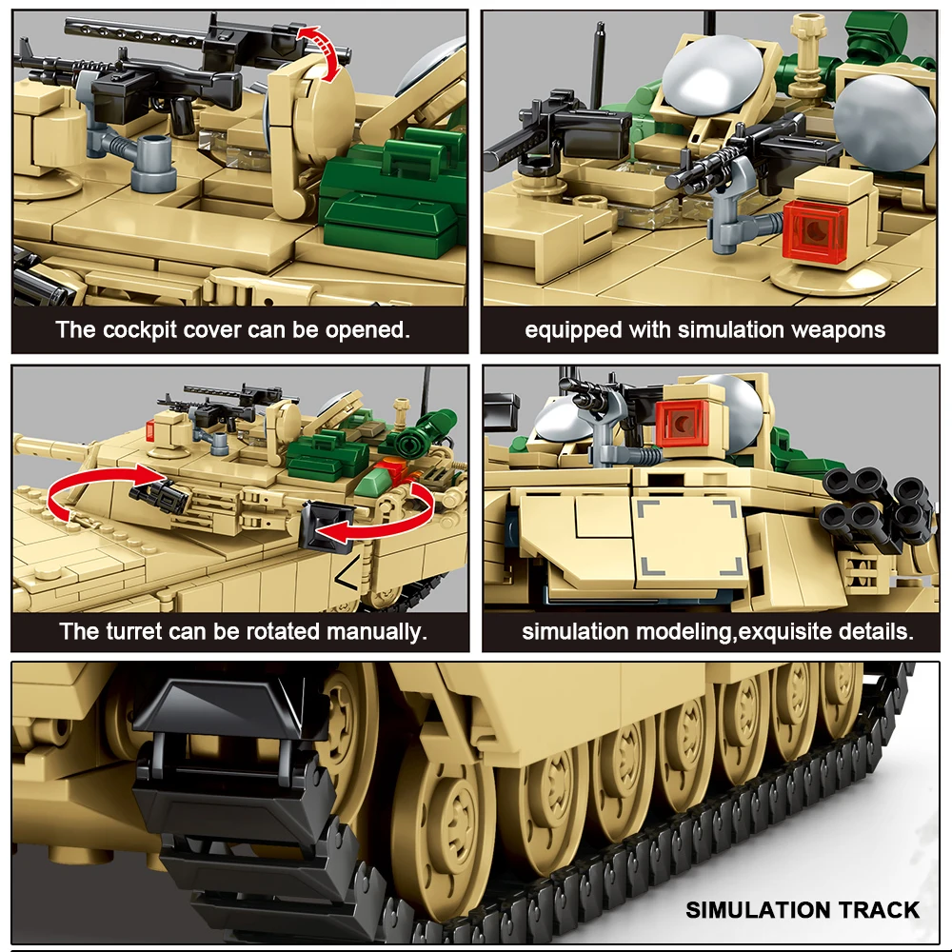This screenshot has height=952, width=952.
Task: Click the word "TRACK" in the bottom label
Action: [x=877, y=910]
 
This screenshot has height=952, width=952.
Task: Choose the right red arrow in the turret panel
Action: [x=381, y=519]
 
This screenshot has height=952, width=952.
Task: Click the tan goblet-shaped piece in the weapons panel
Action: [x=809, y=43]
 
